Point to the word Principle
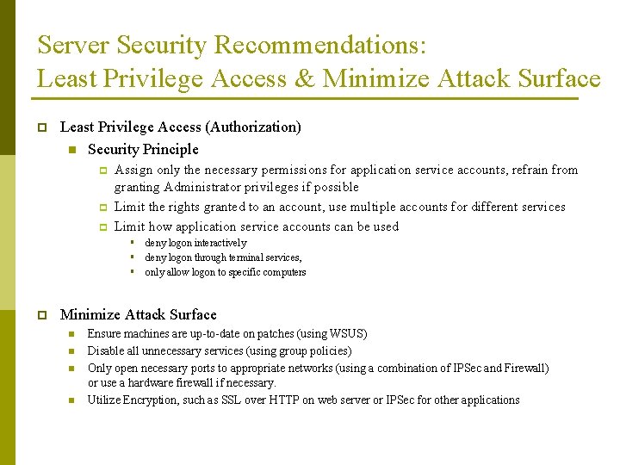tap(170, 149)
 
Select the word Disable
tap(106, 350)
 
